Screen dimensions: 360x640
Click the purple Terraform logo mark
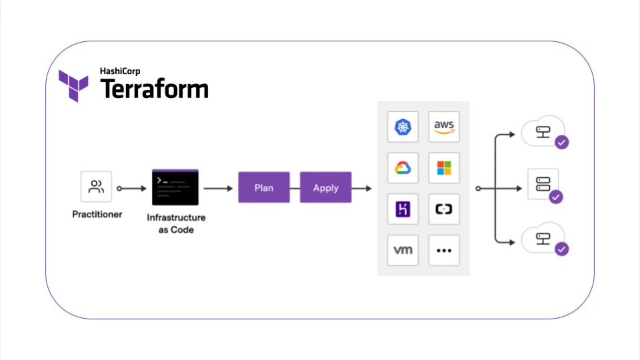[73, 85]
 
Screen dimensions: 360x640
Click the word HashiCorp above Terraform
[120, 71]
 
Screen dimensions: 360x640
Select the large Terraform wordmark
[154, 89]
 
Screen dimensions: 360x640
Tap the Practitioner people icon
[97, 187]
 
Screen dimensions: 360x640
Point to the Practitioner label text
[97, 215]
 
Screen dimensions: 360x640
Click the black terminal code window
[175, 187]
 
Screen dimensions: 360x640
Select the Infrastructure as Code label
[176, 223]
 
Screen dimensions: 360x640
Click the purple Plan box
[264, 188]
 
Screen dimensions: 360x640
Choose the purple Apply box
[325, 188]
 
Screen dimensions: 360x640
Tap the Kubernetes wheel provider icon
[403, 127]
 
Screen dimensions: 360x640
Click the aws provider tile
[444, 127]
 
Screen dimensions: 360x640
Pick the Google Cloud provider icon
[403, 168]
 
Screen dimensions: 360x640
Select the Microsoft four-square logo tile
[444, 168]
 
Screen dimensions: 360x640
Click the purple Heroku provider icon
[403, 209]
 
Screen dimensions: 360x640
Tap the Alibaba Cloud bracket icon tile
[444, 209]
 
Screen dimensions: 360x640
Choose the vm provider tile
[403, 251]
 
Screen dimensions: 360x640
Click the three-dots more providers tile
[444, 251]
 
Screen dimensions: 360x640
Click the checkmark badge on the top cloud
[562, 142]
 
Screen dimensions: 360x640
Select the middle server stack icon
[543, 183]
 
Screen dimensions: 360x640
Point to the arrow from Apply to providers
[363, 189]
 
